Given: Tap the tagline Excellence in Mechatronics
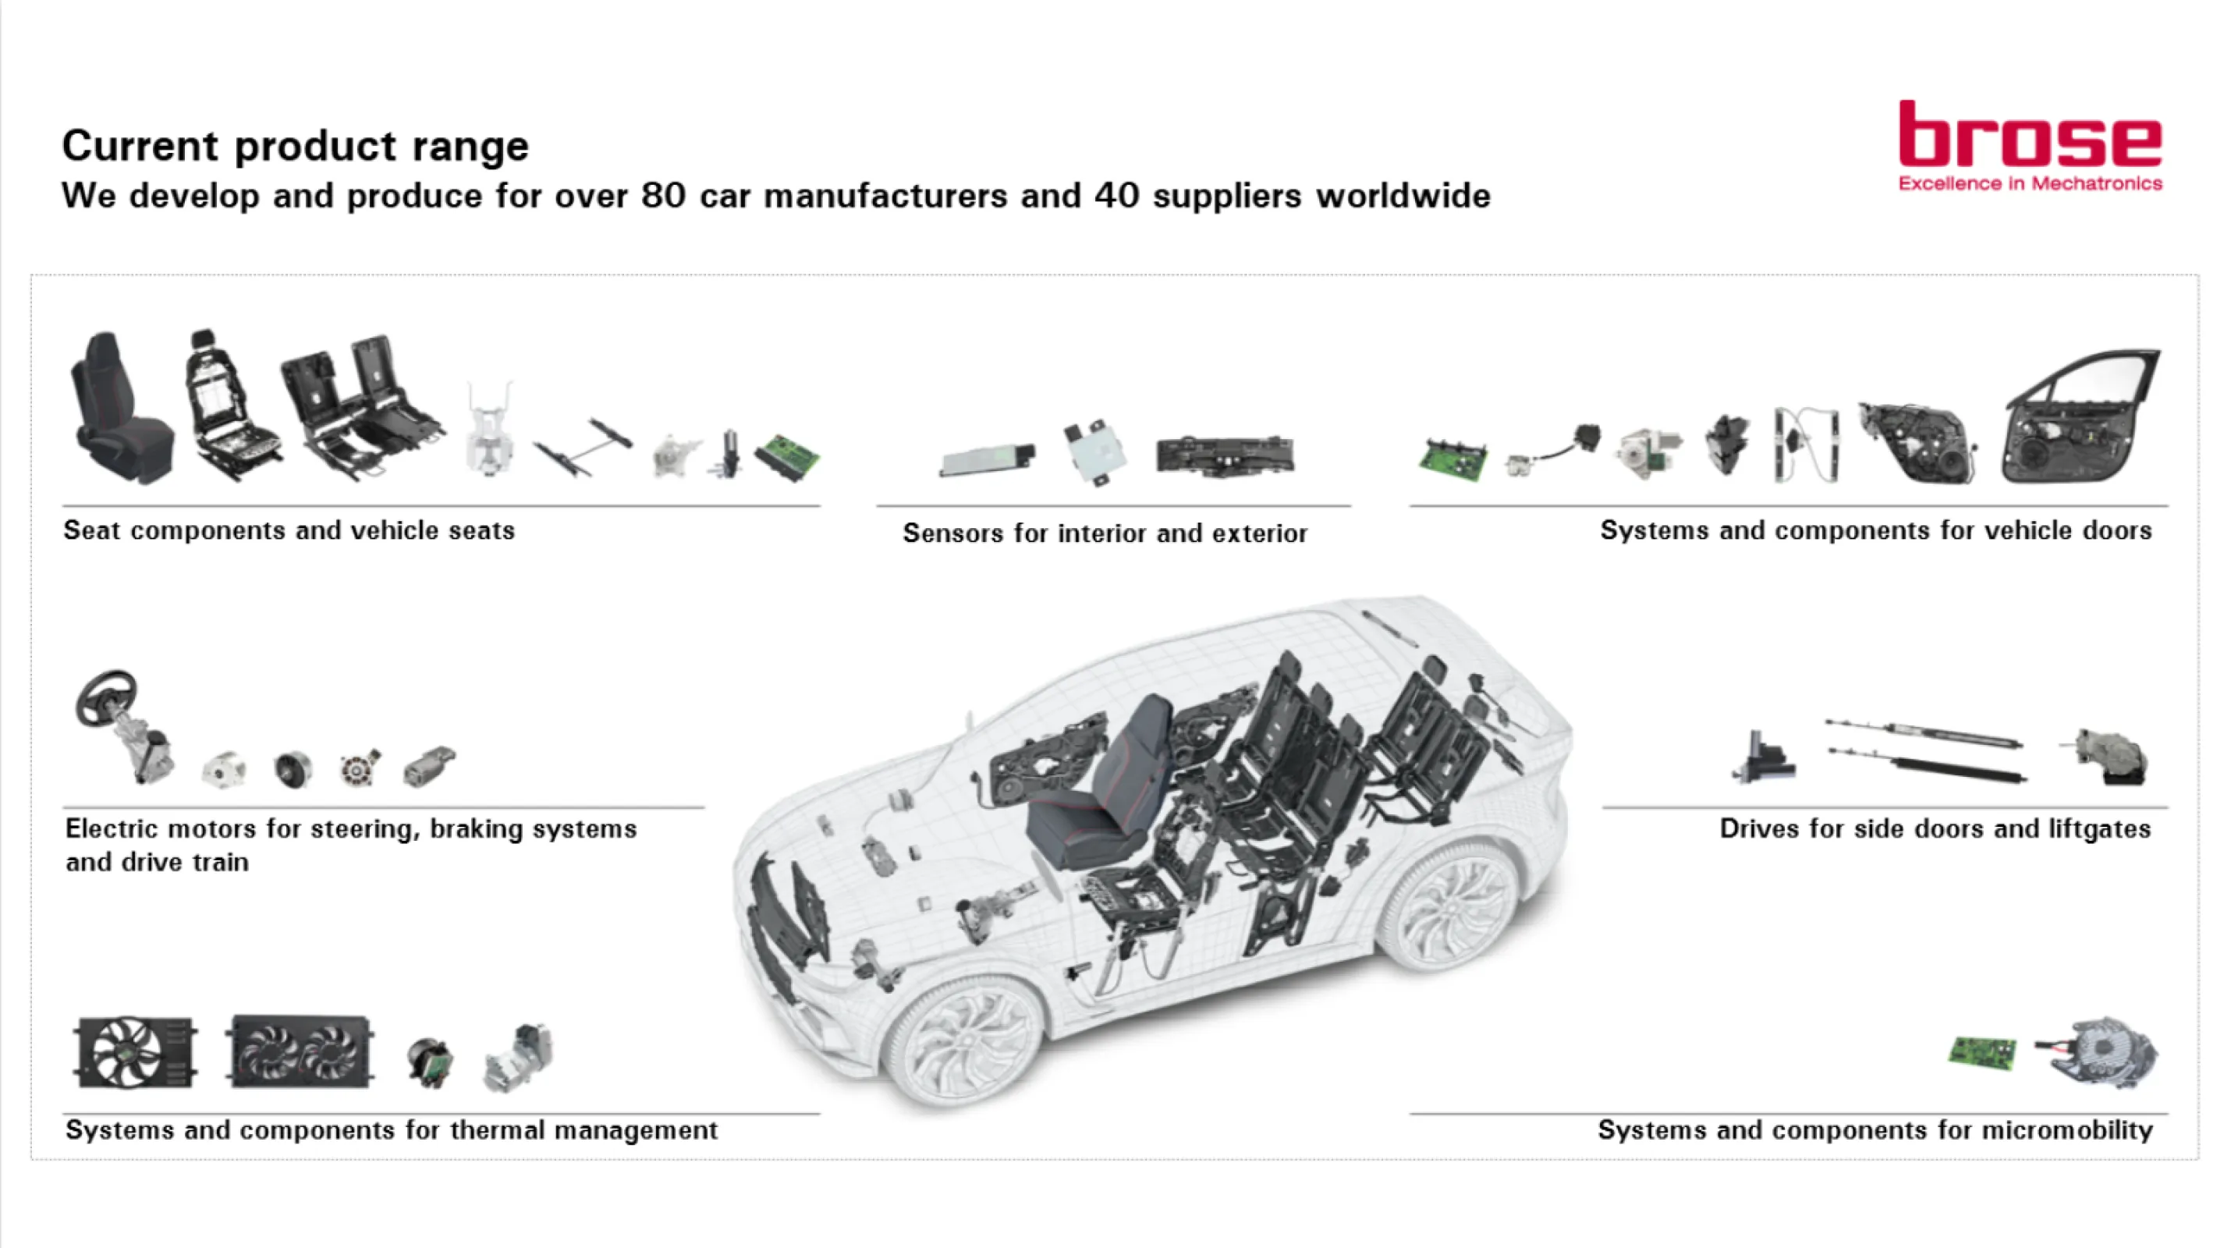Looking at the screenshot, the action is pos(2030,184).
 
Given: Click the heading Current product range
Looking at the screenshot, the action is pos(296,145).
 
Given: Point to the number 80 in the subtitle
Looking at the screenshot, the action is pos(663,195).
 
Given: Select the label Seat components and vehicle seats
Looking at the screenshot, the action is pos(289,530).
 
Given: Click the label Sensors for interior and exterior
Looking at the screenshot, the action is pos(1105,534).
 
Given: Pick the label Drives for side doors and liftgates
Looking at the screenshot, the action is pos(1935,828).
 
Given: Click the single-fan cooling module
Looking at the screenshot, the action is pos(136,1052).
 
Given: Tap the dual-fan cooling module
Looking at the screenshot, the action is pos(300,1051).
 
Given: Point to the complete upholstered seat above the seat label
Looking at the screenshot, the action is pos(120,408).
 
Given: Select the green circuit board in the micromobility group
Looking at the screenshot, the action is pos(1982,1052).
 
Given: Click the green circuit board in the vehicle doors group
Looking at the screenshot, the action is pos(1453,460).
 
